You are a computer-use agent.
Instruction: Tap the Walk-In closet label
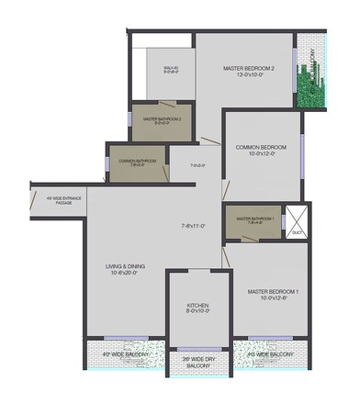171,68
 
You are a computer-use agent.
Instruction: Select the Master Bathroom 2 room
163,119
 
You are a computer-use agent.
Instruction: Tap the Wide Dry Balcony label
199,363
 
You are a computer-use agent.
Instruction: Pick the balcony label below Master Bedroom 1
271,353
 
